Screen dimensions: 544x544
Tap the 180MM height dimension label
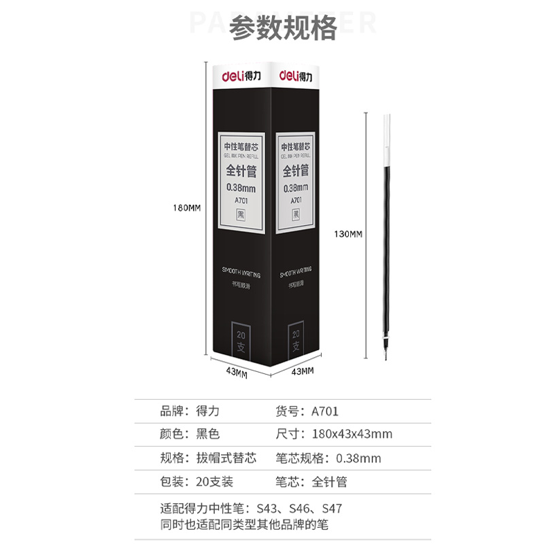coord(186,208)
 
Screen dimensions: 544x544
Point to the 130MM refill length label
coord(348,235)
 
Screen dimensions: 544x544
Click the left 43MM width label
coord(236,371)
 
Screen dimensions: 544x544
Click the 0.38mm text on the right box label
coord(295,188)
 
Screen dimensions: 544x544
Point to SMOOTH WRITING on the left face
coord(237,270)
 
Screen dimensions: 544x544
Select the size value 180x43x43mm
coord(352,434)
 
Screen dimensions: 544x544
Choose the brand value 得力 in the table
coord(208,411)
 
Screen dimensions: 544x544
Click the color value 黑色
coord(208,434)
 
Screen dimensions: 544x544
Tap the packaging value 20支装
coord(214,481)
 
